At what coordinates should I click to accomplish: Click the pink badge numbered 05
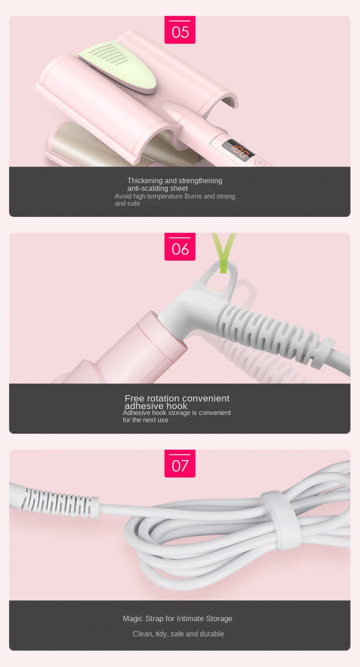(180, 30)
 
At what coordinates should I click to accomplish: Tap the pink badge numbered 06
(180, 247)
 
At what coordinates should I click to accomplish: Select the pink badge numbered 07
(180, 463)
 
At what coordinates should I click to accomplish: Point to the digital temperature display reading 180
(238, 150)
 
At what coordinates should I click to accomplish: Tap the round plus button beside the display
(260, 163)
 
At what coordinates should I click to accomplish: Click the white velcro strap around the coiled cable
(280, 520)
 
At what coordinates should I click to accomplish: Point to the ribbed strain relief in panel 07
(59, 502)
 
